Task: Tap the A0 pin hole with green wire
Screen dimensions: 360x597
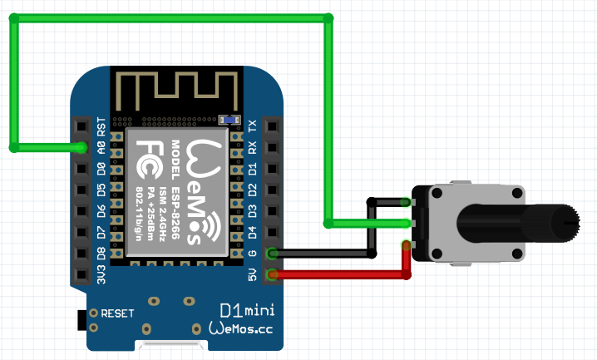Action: tap(81, 148)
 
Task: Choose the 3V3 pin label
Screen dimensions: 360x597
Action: tap(101, 274)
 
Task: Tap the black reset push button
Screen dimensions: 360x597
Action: tap(81, 318)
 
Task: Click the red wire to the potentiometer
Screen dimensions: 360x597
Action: tap(349, 274)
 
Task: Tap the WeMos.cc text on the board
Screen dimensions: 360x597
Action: tap(241, 330)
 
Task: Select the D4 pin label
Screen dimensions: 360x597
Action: tap(253, 232)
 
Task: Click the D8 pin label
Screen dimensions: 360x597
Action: tap(101, 253)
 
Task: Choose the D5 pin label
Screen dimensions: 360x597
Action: tap(101, 190)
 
